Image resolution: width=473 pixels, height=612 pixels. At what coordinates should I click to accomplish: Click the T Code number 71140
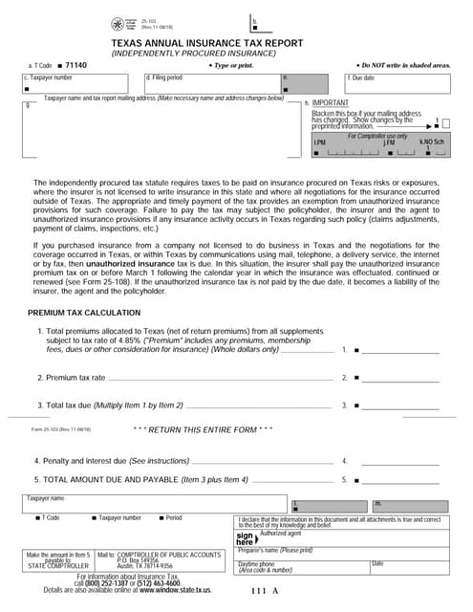[75, 65]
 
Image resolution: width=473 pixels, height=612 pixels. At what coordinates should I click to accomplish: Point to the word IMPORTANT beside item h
[331, 102]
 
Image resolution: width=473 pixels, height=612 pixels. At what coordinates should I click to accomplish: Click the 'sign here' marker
[246, 538]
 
